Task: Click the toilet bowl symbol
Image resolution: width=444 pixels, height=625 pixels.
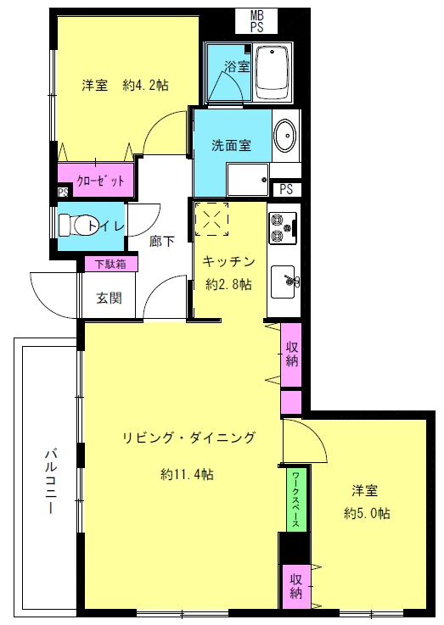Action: click(x=75, y=226)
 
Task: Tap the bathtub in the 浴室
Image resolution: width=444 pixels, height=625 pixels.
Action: click(x=272, y=73)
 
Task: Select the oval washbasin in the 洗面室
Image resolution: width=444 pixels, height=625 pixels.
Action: click(x=285, y=136)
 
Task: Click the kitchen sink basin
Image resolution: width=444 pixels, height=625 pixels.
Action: click(x=283, y=282)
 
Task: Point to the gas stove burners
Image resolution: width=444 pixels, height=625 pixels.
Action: click(x=283, y=228)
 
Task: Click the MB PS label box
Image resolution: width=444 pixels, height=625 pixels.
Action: click(x=257, y=21)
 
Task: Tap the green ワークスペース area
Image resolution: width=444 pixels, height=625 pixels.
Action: click(x=296, y=499)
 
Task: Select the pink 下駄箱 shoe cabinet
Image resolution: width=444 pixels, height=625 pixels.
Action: click(x=111, y=264)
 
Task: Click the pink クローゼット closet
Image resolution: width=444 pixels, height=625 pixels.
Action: click(x=95, y=180)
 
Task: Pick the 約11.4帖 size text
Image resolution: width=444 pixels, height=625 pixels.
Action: click(x=187, y=474)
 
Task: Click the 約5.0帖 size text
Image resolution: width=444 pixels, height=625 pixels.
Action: click(x=367, y=513)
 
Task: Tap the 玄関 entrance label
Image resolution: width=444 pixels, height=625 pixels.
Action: click(x=109, y=298)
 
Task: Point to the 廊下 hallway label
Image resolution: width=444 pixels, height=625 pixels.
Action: click(x=161, y=241)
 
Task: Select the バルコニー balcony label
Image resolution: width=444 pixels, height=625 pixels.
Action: click(x=50, y=481)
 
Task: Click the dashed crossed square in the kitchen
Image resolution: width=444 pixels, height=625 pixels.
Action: click(x=211, y=219)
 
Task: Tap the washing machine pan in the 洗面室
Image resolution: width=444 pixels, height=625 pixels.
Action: click(x=247, y=179)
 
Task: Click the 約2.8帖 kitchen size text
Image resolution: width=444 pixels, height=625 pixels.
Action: click(x=228, y=284)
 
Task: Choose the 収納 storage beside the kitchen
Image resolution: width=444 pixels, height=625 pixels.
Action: click(x=291, y=354)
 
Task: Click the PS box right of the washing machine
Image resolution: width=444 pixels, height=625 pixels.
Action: click(x=286, y=189)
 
